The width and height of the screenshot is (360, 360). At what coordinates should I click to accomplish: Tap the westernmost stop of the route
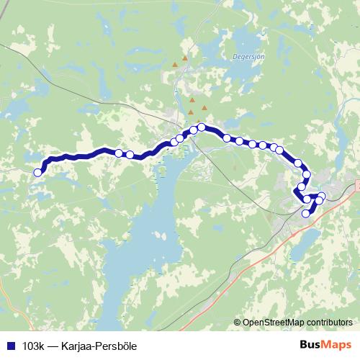coord(37,172)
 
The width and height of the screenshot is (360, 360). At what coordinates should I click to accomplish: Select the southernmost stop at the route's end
coord(305,213)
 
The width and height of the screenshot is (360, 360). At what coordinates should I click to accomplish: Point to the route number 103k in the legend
coord(33,346)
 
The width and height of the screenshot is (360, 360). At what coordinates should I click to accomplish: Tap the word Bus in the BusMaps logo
coord(311,345)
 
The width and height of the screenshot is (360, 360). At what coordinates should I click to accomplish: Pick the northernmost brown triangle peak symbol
coord(185,58)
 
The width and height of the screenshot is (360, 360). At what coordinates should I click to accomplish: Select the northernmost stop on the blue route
coord(202,127)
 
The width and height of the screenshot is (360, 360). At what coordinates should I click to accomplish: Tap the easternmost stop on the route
coord(322,197)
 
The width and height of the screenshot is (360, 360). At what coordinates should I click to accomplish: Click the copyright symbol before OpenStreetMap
coord(238,323)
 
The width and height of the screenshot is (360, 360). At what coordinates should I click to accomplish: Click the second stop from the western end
coord(118,152)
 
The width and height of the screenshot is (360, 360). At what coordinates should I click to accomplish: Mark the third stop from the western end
coord(130,154)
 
